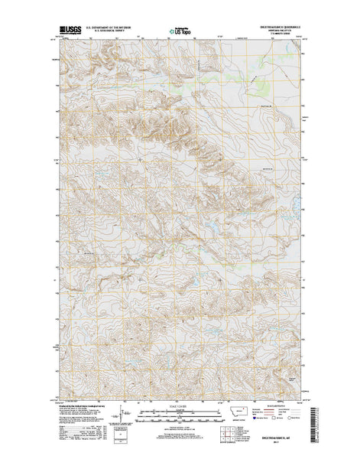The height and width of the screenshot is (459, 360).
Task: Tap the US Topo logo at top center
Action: (x=180, y=32)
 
